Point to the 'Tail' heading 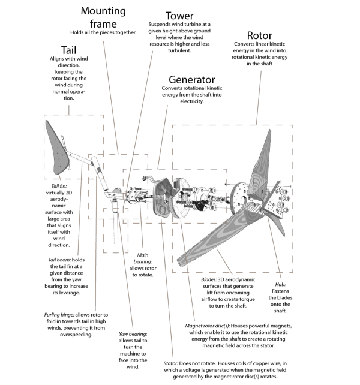(68, 49)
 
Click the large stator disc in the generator (163, 198)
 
